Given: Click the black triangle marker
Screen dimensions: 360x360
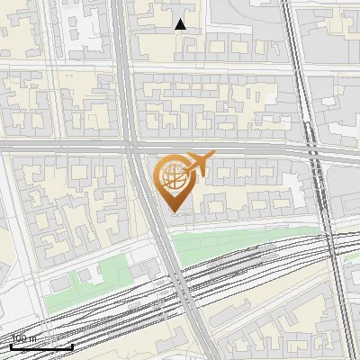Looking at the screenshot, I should [x=181, y=24].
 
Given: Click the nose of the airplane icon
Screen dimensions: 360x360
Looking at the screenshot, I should [x=214, y=156].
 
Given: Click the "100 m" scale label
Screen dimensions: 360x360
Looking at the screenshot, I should [x=24, y=339].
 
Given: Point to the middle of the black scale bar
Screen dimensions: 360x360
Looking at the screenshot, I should [x=42, y=346].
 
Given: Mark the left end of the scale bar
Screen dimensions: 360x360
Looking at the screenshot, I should [x=12, y=346].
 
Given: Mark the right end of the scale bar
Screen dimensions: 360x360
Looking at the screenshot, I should [x=73, y=346].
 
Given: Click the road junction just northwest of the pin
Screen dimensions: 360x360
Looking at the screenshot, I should [x=135, y=147].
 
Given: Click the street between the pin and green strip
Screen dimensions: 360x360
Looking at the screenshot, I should [x=234, y=220].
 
